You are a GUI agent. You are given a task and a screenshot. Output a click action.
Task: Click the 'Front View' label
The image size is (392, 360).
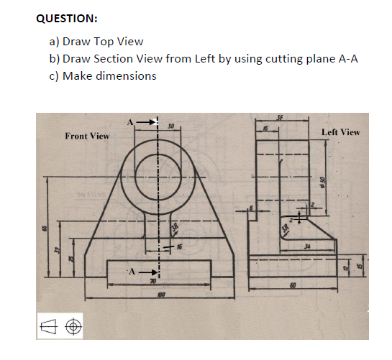(87, 136)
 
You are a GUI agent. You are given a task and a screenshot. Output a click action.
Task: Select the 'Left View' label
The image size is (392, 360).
(340, 132)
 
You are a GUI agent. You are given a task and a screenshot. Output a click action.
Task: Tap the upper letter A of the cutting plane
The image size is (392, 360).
(130, 122)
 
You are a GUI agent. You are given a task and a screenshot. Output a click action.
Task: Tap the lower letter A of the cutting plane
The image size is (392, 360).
(132, 272)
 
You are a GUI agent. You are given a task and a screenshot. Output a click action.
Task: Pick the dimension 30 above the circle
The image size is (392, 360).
(170, 126)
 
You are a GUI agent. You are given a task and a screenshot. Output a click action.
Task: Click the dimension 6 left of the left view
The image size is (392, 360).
(251, 210)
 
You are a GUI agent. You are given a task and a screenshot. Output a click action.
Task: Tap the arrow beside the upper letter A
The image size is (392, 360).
(146, 122)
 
